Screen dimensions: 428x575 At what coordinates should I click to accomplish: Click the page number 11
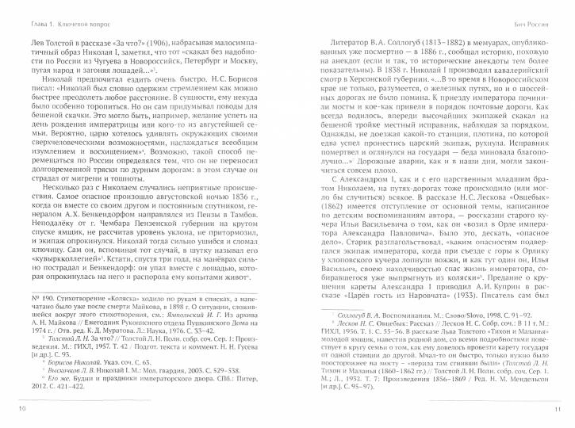tap(558, 407)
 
